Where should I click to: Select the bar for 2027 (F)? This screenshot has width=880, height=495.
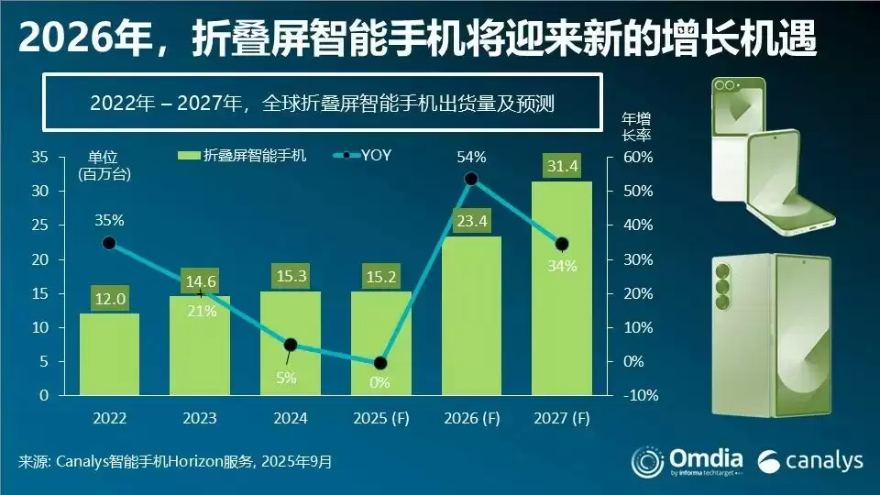pos(562,302)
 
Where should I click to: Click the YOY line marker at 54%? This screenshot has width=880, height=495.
pos(472,179)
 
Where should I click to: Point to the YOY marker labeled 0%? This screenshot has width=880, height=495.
pos(380,363)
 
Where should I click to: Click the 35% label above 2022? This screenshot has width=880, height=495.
pos(109,221)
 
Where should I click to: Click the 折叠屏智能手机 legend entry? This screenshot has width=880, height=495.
pos(241,155)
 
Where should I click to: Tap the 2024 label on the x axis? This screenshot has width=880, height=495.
pos(290,419)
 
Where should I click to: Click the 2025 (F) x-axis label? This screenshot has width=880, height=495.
pos(380,419)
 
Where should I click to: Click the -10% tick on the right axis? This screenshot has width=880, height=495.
pos(639,396)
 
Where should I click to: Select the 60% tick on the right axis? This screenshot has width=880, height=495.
pos(639,157)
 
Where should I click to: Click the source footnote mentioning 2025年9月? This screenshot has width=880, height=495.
pos(174,461)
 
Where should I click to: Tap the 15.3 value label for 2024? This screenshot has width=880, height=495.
pos(290,274)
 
